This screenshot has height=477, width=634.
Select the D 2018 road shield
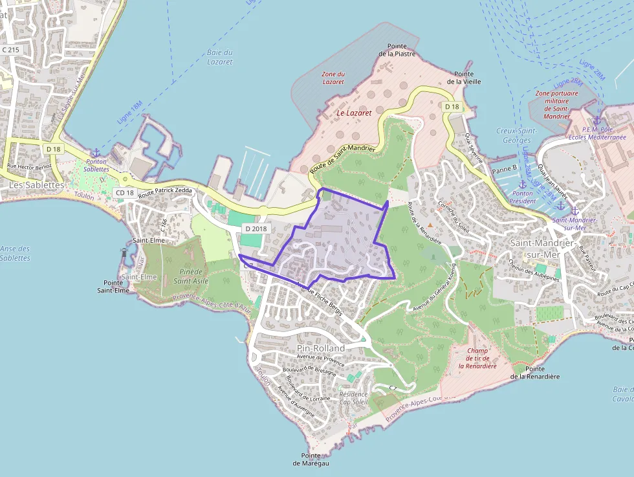click(256, 228)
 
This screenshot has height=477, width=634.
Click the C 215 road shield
click(11, 50)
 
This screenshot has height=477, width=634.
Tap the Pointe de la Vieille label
click(468, 78)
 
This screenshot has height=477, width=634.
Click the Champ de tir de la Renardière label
click(477, 358)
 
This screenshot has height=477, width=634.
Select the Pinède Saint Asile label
click(190, 277)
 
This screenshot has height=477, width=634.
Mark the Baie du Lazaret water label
click(220, 57)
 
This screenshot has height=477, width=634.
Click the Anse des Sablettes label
click(15, 253)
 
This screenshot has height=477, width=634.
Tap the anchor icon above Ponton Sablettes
click(96, 152)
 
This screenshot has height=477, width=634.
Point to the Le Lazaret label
click(354, 113)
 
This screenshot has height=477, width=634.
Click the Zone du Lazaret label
click(333, 78)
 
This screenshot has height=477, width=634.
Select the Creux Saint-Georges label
click(516, 135)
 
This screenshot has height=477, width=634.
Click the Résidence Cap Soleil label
click(353, 397)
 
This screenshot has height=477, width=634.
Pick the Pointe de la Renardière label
click(534, 372)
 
